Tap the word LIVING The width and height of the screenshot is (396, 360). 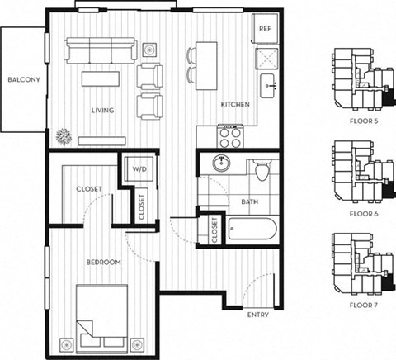[x=102, y=110]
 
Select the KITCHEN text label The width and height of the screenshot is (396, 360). [x=235, y=105]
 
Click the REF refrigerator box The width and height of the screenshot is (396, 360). [x=265, y=28]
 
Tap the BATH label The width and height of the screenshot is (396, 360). [x=250, y=201]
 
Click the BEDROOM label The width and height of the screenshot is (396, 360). [x=104, y=263]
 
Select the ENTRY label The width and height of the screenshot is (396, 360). [x=257, y=315]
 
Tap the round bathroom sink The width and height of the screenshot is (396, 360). [x=223, y=163]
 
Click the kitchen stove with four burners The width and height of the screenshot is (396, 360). [x=229, y=132]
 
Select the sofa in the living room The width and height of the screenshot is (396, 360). [x=100, y=54]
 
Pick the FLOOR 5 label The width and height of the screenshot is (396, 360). [x=363, y=121]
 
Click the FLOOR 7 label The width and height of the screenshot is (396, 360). [x=363, y=306]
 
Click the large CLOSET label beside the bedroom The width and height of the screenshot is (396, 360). [x=88, y=189]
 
